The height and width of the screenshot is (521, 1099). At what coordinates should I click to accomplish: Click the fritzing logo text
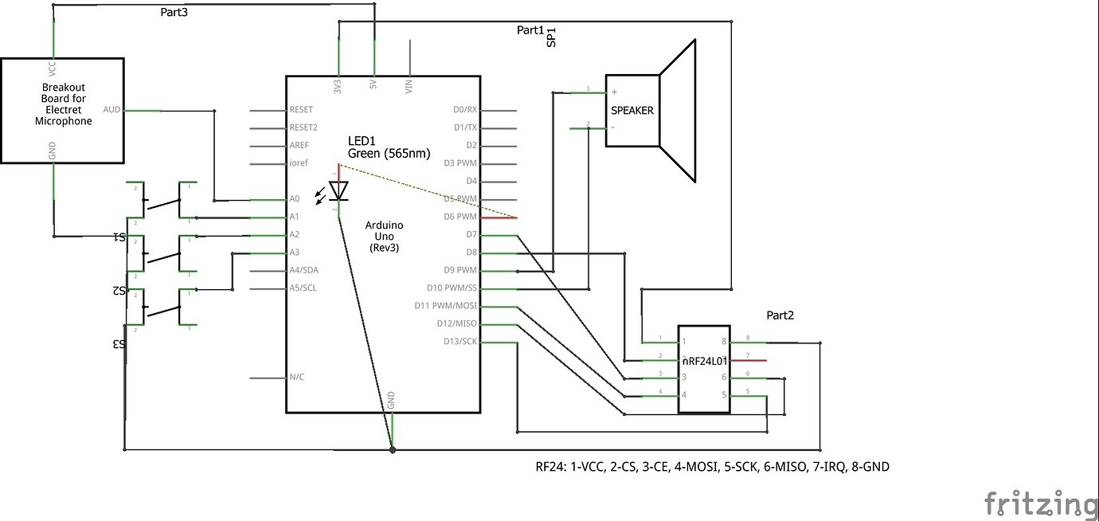click(1040, 503)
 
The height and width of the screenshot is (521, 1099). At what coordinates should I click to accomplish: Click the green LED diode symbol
click(339, 191)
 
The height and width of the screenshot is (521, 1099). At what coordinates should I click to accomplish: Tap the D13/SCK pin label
click(460, 342)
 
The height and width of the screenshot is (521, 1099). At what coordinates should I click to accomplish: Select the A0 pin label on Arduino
click(295, 198)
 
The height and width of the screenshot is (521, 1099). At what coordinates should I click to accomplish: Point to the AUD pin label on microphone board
click(111, 109)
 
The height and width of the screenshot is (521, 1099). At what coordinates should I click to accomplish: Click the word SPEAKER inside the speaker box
click(632, 111)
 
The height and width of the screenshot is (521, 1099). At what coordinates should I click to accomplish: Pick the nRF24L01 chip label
click(705, 361)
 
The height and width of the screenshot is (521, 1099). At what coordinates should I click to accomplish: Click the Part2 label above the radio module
click(780, 315)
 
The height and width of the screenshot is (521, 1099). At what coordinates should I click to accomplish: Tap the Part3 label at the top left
click(173, 12)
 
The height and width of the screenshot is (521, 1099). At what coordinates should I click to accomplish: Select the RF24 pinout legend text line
click(712, 467)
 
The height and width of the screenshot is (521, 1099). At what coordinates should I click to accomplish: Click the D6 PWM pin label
click(460, 217)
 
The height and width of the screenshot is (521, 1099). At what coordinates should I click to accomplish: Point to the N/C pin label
click(296, 377)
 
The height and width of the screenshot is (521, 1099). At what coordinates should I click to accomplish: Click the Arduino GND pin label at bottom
click(391, 401)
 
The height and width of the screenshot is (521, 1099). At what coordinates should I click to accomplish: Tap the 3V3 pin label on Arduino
click(338, 86)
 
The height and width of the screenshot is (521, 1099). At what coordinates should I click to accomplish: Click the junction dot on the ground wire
click(392, 450)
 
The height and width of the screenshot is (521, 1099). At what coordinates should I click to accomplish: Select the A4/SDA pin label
click(303, 270)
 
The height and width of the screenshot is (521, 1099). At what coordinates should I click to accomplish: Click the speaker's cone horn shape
click(679, 112)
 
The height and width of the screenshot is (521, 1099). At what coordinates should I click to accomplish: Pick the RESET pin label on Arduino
click(301, 110)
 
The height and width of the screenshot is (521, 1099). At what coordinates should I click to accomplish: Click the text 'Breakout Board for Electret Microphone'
click(63, 104)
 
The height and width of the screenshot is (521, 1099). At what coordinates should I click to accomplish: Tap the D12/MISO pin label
click(456, 323)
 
